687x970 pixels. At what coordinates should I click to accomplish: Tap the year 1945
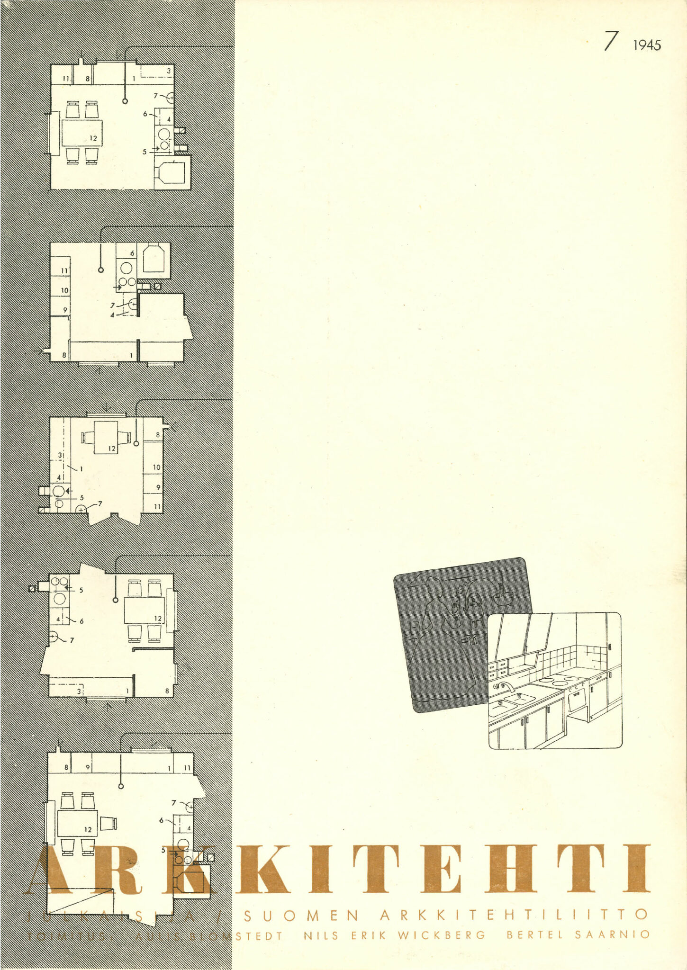[x=647, y=45]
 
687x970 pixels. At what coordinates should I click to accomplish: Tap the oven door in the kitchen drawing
[x=577, y=699]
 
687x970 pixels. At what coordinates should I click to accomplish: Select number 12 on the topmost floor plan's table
[x=93, y=138]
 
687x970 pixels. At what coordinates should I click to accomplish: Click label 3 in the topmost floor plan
[x=168, y=71]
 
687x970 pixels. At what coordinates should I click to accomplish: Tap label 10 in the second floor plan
[x=64, y=290]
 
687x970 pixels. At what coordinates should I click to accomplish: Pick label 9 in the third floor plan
[x=158, y=487]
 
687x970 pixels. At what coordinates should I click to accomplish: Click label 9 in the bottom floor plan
[x=88, y=767]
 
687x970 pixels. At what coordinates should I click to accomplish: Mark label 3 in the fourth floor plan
[x=79, y=691]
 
